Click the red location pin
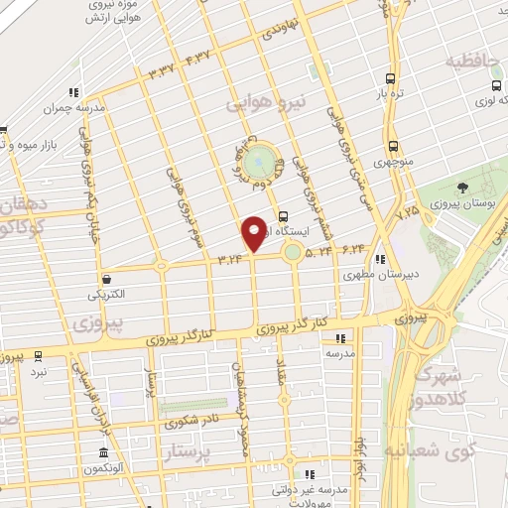(x=254, y=233)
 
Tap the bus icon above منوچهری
(x=394, y=145)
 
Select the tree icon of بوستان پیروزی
(x=461, y=188)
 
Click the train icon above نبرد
(x=39, y=354)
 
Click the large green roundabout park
(x=260, y=159)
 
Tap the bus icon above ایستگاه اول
(x=284, y=214)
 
